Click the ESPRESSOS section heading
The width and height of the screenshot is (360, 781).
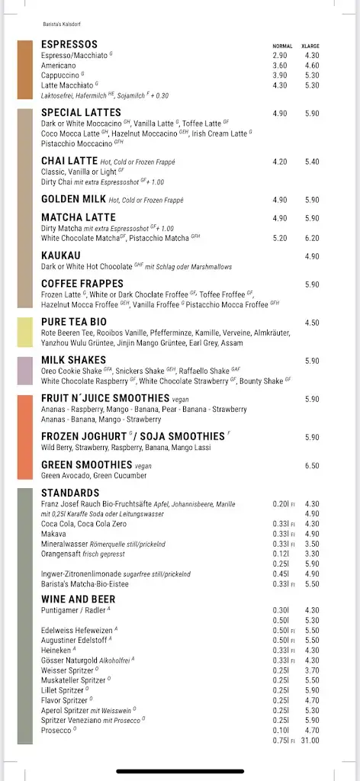coord(69,45)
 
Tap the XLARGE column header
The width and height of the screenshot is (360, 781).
coord(310,46)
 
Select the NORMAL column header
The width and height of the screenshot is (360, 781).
coord(282,46)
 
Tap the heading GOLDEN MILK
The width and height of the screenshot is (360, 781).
coord(73,199)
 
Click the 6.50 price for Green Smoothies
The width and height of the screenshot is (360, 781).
coord(312,465)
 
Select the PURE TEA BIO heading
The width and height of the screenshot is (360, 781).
coord(74,322)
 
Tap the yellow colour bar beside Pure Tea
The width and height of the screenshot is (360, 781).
coord(25,331)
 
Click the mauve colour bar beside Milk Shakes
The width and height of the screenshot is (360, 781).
coord(25,370)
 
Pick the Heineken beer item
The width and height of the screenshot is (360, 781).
coord(57,650)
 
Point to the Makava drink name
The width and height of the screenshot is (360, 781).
coord(53,534)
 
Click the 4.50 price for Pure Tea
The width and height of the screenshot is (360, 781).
coord(312,323)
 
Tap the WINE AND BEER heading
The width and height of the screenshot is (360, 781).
coord(79,599)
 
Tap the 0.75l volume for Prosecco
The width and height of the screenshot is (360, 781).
coord(283,741)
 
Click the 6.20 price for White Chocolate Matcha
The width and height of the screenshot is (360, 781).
coord(312,238)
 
